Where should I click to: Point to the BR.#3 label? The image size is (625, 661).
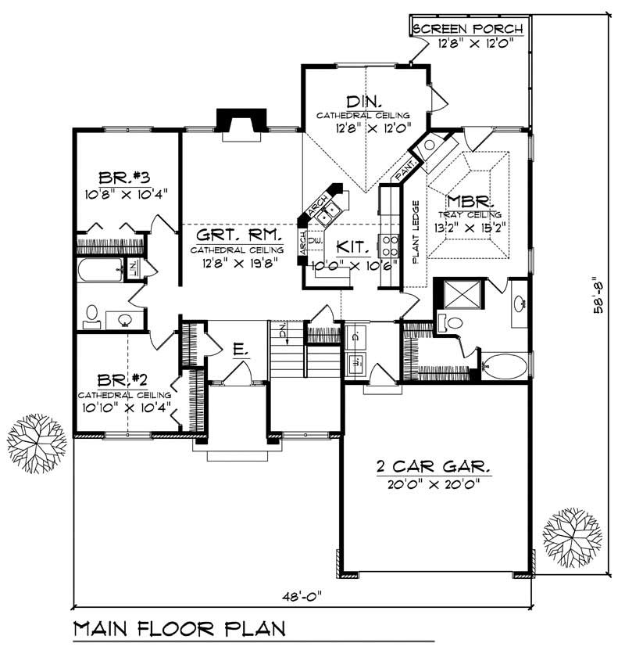point(123,176)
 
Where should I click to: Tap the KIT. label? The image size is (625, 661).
point(353,246)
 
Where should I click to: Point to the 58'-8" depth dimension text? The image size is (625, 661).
point(598,294)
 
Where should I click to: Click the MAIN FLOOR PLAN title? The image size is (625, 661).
point(180,628)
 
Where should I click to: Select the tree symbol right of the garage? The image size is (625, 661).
point(572,539)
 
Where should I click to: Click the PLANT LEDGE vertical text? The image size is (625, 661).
point(416,232)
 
